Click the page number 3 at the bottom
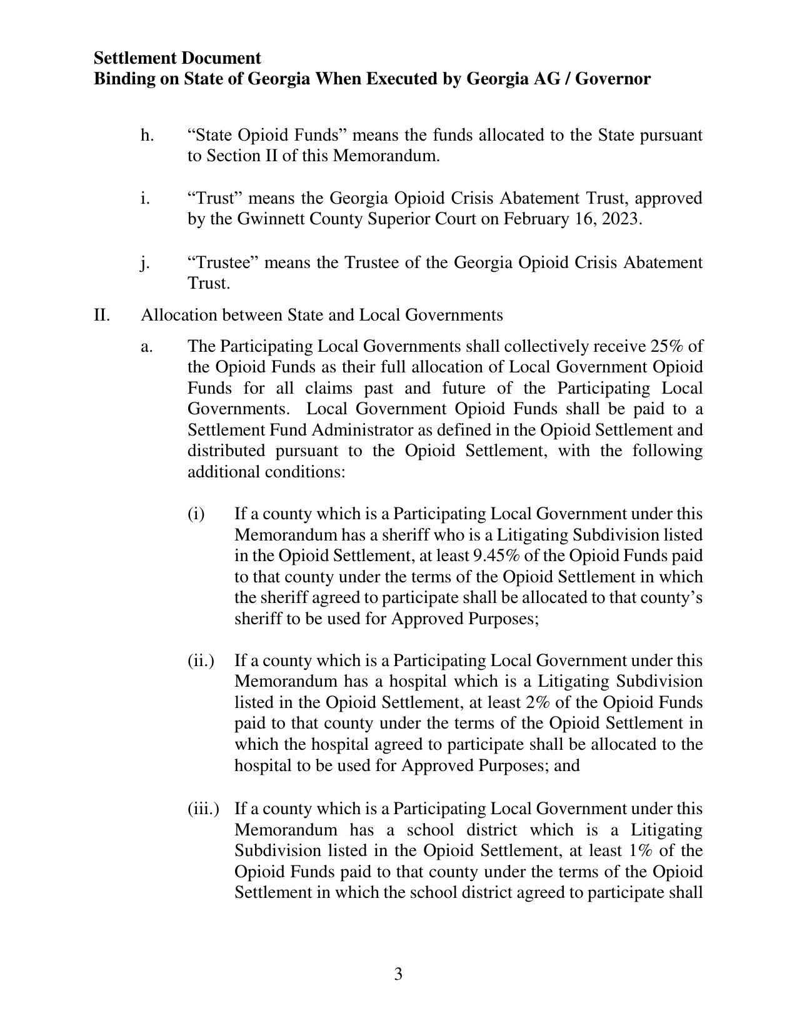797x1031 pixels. click(x=398, y=974)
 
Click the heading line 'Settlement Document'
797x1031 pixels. click(x=178, y=58)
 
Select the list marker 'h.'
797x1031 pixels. click(x=147, y=135)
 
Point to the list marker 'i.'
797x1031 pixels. click(x=145, y=198)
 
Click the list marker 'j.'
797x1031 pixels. click(x=145, y=262)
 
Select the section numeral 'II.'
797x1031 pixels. click(x=102, y=315)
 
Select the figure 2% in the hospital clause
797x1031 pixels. click(x=537, y=702)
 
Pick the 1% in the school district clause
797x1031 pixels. click(x=640, y=850)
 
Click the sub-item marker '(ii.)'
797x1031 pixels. click(x=201, y=660)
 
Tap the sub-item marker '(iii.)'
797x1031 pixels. click(x=203, y=809)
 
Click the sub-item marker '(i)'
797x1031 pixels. click(x=196, y=514)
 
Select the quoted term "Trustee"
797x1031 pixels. click(x=223, y=262)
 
